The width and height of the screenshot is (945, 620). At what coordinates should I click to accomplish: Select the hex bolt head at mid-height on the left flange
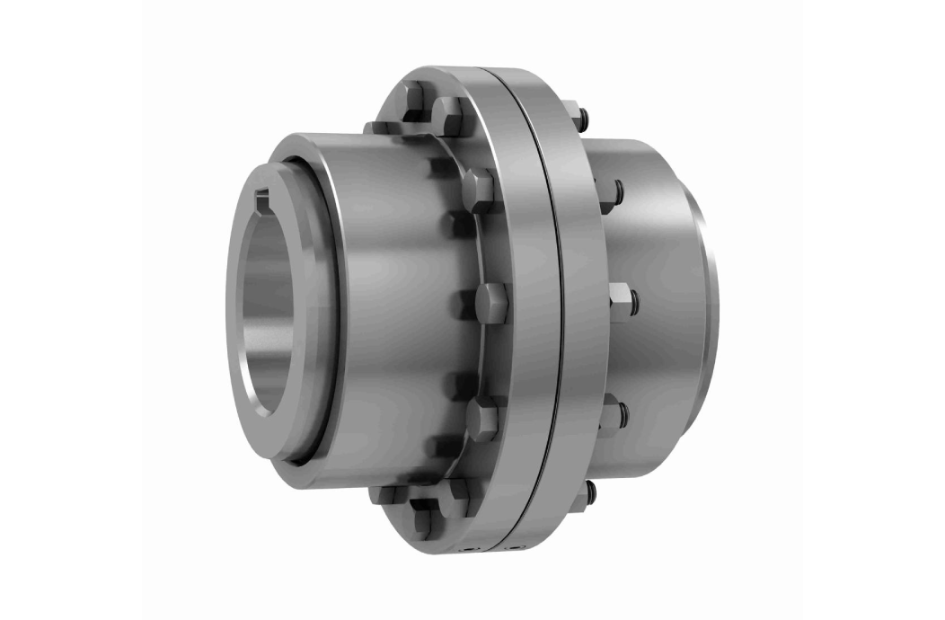click(x=490, y=302)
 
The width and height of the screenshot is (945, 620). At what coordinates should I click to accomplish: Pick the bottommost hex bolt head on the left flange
click(x=422, y=520)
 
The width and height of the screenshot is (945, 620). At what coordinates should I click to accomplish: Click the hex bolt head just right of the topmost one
click(x=450, y=114)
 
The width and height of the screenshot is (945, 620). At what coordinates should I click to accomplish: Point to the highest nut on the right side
click(x=578, y=117)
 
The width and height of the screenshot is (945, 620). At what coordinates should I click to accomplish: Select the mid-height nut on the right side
click(x=622, y=300)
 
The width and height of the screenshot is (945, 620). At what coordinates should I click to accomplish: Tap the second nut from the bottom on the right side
click(x=612, y=414)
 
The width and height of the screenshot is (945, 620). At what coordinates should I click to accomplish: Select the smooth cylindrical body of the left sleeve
click(x=386, y=297)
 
